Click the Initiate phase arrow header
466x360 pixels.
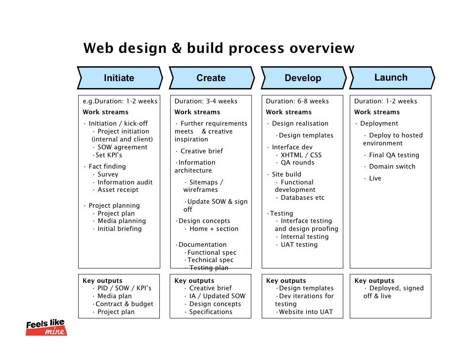(x=119, y=78)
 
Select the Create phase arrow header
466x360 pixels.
(x=211, y=78)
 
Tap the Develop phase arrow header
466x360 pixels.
(x=303, y=78)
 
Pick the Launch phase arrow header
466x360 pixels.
(x=391, y=78)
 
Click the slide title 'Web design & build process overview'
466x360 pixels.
(x=219, y=49)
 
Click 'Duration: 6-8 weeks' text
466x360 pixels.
(x=297, y=101)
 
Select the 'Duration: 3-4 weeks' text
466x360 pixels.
(x=206, y=101)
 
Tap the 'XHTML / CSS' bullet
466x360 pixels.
(x=301, y=155)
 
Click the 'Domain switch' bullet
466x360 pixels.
(x=392, y=167)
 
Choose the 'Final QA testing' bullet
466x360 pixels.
(x=394, y=155)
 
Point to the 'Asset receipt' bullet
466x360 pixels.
(x=118, y=190)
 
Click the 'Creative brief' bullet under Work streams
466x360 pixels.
(x=202, y=151)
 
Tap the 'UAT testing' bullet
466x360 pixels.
(x=299, y=245)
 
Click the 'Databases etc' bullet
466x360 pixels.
(x=302, y=198)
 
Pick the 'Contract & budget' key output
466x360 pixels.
(x=124, y=304)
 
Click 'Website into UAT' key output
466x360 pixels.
(x=305, y=312)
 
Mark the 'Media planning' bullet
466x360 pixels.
(x=121, y=221)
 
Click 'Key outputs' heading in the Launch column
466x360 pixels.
(x=374, y=281)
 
